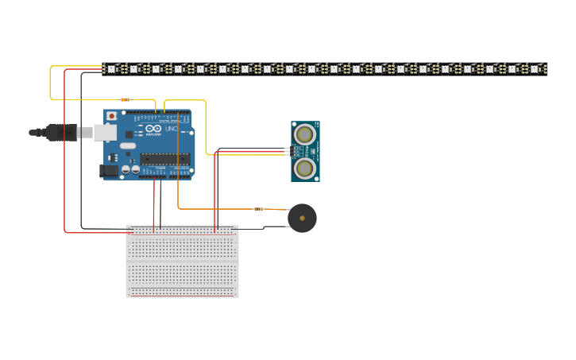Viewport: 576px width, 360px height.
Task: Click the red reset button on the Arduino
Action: (x=111, y=116)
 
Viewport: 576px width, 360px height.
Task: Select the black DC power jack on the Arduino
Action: (x=107, y=170)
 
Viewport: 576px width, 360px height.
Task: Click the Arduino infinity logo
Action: (x=153, y=129)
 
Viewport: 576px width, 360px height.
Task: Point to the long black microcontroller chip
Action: (x=165, y=159)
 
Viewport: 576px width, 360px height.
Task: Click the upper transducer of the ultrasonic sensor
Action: (x=305, y=135)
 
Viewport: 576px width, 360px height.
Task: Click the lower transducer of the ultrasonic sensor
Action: (x=305, y=168)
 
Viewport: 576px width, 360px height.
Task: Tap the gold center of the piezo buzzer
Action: (x=302, y=218)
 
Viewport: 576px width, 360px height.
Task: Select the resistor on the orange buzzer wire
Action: (x=258, y=209)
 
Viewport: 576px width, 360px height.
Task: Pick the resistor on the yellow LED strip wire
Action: (x=126, y=100)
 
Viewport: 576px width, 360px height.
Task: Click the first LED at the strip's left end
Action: (x=111, y=69)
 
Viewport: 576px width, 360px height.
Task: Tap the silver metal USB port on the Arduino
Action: (x=104, y=133)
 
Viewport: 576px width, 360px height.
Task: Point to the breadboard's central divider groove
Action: (x=182, y=261)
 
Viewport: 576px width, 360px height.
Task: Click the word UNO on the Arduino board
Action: (x=172, y=129)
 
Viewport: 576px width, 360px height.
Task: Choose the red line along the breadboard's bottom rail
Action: (x=182, y=295)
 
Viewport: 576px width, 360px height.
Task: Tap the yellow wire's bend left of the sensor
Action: (x=207, y=153)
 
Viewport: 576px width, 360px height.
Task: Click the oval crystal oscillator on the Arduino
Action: (x=128, y=146)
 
